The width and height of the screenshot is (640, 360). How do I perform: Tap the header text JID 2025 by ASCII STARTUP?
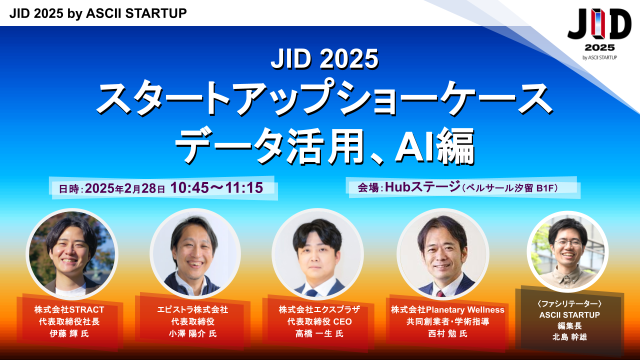[98, 13]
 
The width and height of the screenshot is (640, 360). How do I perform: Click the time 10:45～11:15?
[216, 187]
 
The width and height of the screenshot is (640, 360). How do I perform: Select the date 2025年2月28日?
[125, 188]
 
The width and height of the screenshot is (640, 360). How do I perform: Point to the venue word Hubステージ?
[422, 187]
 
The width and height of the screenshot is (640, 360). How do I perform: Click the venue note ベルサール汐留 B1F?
[509, 188]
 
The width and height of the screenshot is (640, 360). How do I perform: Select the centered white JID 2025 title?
[324, 59]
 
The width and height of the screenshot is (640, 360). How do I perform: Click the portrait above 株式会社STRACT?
[72, 253]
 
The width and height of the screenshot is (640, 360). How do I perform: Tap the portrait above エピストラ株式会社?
[195, 253]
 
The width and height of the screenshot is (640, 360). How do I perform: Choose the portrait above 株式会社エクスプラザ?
[317, 253]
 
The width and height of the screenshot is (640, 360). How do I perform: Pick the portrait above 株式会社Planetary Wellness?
[442, 253]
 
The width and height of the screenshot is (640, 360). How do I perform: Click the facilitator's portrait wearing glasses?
[567, 251]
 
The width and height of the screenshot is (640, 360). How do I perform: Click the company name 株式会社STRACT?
[69, 309]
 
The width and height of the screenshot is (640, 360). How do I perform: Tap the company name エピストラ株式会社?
[192, 309]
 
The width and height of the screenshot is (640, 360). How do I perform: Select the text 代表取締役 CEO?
[319, 321]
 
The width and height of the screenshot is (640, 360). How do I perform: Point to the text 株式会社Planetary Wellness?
[447, 309]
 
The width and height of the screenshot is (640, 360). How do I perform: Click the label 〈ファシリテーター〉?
[569, 303]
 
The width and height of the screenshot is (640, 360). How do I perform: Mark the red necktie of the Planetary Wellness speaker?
[440, 293]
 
